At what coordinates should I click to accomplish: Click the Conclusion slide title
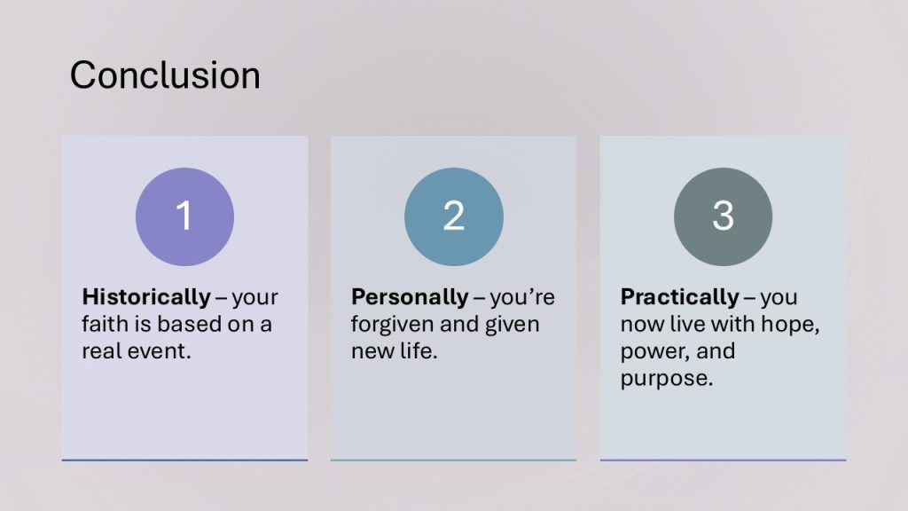coord(165,75)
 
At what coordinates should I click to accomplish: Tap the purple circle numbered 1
coord(184,216)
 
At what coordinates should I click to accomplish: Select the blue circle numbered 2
coord(453,216)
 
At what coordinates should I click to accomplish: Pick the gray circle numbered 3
coord(723,216)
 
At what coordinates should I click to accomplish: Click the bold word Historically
coord(146,297)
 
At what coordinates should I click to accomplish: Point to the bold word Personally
coord(410,297)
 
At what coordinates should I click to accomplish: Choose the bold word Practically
coord(679,297)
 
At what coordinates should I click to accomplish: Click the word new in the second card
coord(368,351)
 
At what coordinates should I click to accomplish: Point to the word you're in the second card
coord(522,298)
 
